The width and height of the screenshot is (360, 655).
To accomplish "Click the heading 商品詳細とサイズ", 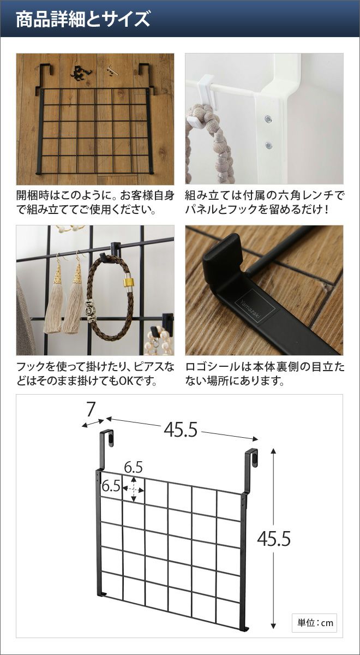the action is [83, 19].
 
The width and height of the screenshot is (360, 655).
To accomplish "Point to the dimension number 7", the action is [91, 410].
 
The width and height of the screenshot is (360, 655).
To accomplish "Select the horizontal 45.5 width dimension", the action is [181, 430].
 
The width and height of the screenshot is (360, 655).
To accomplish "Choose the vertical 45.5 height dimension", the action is [274, 538].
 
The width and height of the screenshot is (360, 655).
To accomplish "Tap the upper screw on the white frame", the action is [268, 119].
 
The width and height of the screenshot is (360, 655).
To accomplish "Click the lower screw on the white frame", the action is [268, 145].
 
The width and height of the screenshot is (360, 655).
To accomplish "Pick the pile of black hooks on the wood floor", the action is [81, 73].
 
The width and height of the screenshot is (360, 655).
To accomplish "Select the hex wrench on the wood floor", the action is [112, 70].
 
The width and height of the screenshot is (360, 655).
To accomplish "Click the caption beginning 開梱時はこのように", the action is [95, 203].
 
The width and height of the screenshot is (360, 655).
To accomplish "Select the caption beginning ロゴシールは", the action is [265, 374].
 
